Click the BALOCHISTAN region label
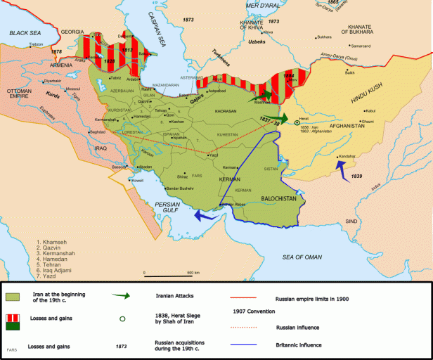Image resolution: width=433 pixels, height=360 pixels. (279, 199)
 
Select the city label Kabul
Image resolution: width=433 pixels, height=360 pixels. (375, 110)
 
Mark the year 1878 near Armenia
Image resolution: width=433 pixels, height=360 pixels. (56, 52)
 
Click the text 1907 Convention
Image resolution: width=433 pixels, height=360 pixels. (252, 311)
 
